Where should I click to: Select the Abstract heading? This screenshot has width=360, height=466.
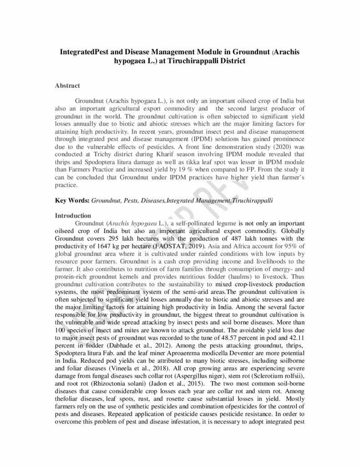[67, 86]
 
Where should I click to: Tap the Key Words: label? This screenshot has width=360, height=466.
[72, 200]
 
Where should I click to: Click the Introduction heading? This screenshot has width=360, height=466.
[73, 215]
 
